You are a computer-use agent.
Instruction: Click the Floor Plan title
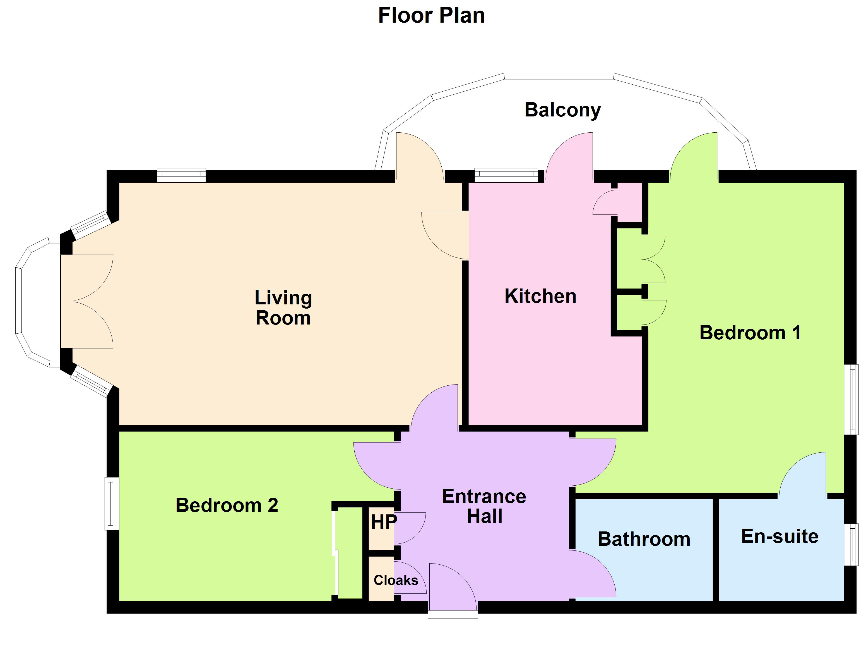coord(431,16)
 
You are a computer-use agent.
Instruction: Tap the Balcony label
coord(562,110)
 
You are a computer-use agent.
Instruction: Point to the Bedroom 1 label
coord(750,333)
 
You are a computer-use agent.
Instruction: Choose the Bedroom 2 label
coord(227,505)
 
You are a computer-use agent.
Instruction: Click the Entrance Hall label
coord(484,506)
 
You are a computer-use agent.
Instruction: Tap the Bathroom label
coord(644,539)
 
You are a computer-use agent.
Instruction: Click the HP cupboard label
coord(383,522)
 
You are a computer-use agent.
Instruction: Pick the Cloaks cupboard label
coord(396,580)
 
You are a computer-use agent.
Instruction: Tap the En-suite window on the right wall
coord(851,545)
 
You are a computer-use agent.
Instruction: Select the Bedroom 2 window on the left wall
coord(112,503)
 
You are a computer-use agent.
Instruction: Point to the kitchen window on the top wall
coord(506,175)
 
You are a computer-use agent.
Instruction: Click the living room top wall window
coord(181,175)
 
